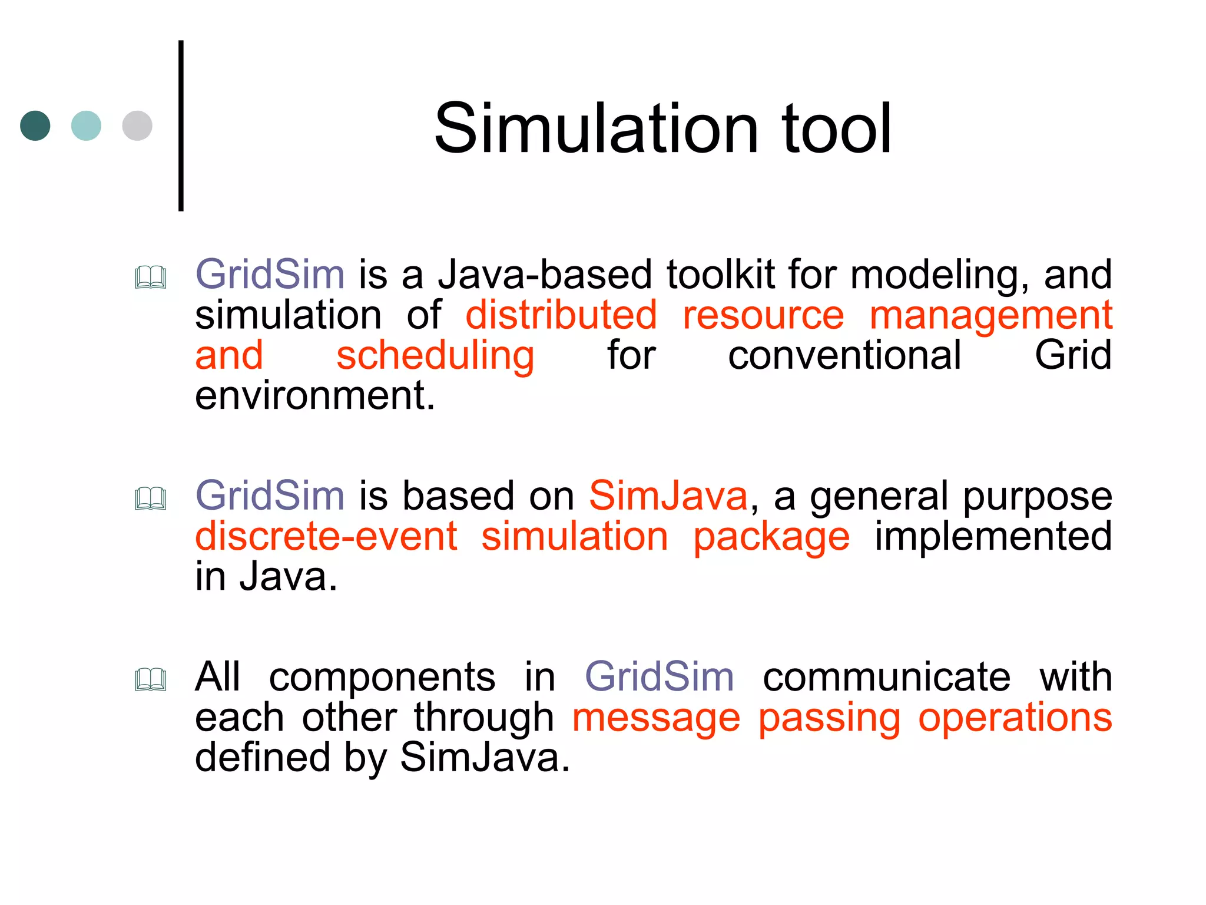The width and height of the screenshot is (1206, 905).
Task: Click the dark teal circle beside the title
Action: coord(35,125)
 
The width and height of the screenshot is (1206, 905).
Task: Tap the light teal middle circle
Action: coord(86,125)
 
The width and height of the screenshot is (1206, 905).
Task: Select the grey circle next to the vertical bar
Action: coord(137,125)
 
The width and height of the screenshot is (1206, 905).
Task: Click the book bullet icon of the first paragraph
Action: coord(151,277)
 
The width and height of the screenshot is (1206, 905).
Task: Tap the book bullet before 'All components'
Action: coord(151,679)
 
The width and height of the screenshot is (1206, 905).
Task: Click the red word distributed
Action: coord(561,315)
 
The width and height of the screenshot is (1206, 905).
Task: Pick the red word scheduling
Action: coord(435,356)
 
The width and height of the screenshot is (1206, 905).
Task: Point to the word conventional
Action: coord(844,355)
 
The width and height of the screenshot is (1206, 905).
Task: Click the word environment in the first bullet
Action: coord(314,395)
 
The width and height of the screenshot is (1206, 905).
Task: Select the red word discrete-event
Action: coord(326,536)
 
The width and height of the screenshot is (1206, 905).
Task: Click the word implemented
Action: coord(993,536)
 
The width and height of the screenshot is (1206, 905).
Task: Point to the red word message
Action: coord(656,718)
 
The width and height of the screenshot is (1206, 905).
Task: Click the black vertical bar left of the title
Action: coord(181,125)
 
